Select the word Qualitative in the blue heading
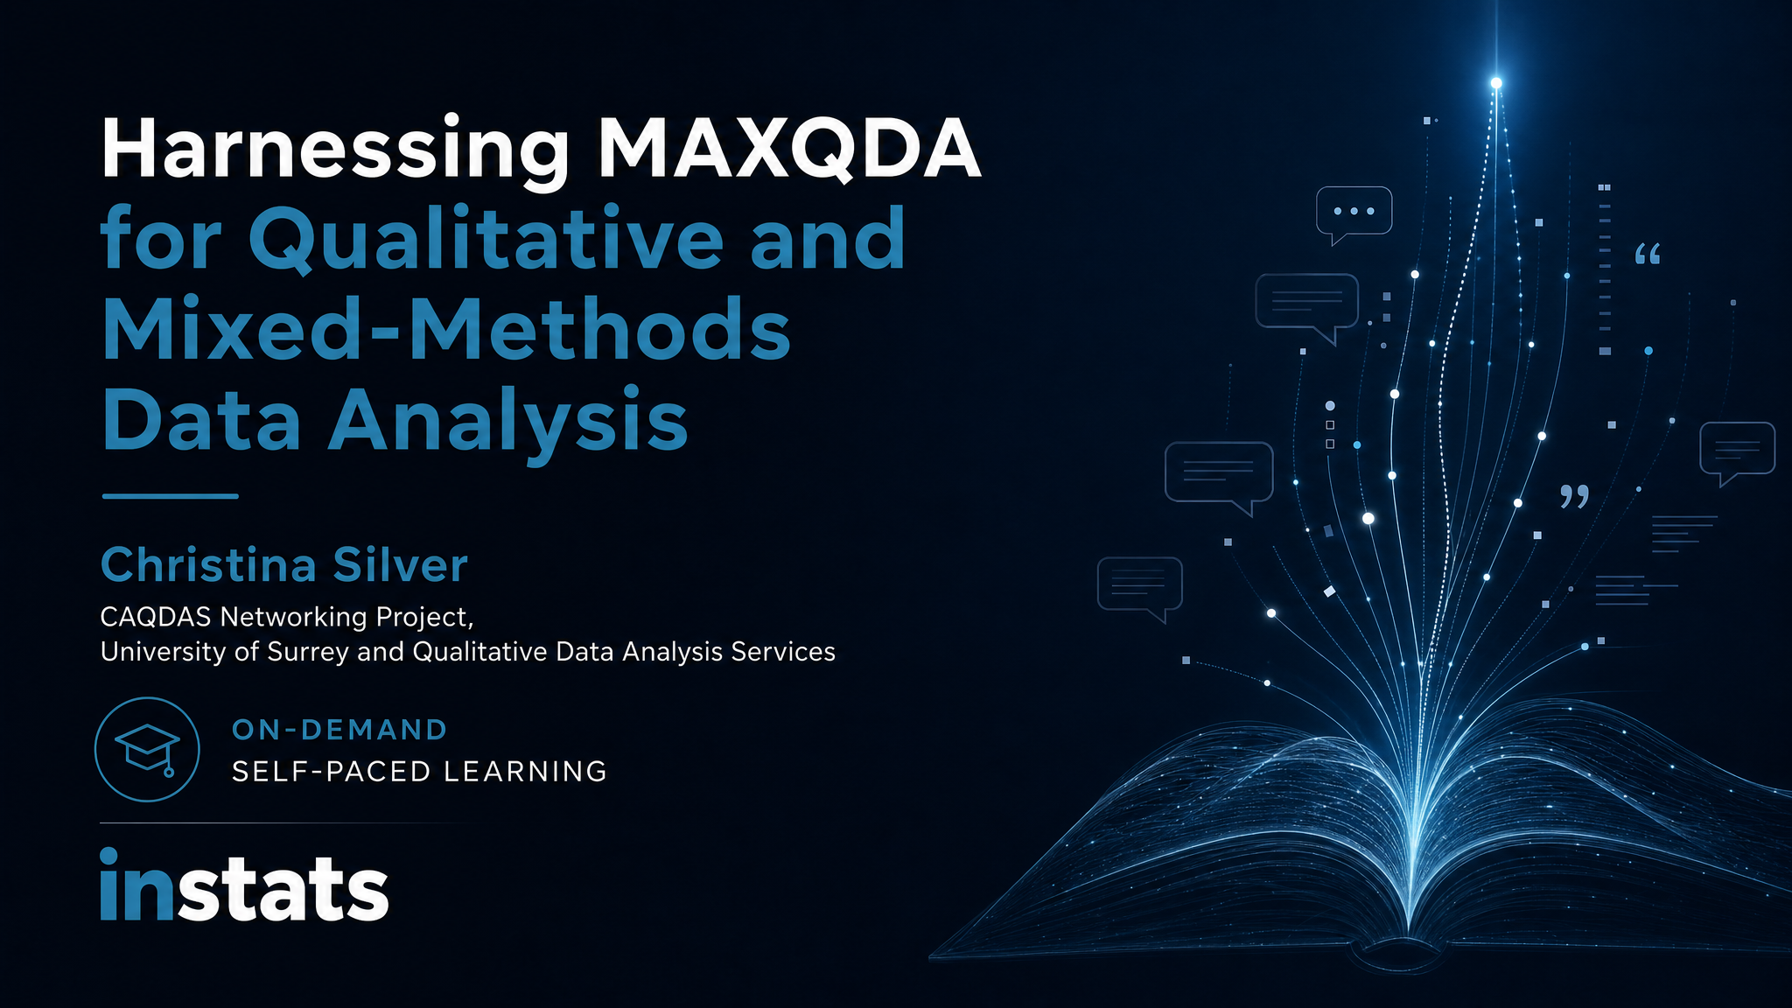(486, 239)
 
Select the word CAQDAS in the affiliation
(156, 617)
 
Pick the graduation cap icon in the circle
(147, 748)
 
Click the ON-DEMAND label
(339, 730)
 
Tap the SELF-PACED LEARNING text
(419, 771)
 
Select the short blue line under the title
(170, 496)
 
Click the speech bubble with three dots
(1354, 213)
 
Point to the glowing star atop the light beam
(1496, 83)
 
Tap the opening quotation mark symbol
(1648, 255)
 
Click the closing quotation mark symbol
(1575, 496)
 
